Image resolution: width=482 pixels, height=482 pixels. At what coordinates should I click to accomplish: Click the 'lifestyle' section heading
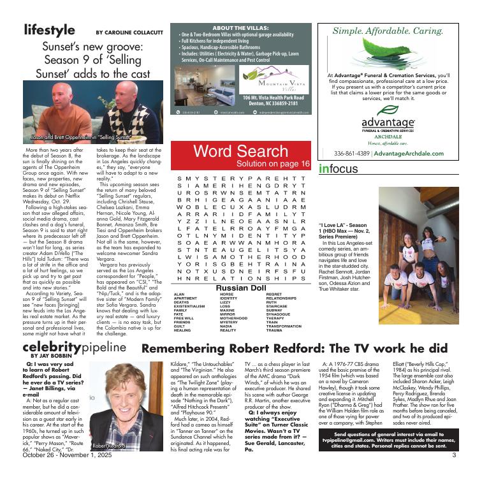[49, 30]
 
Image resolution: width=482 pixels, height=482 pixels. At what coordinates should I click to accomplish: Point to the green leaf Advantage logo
[388, 109]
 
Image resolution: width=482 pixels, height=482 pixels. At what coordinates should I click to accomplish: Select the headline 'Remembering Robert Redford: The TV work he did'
[294, 349]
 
